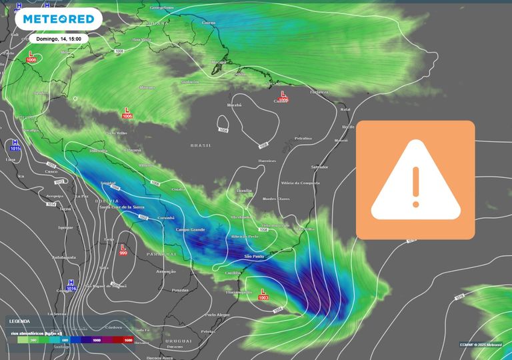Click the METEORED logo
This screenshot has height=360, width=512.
coord(58,19)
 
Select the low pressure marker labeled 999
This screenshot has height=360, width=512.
coord(123,249)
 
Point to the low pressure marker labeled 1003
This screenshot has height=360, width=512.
coord(264,295)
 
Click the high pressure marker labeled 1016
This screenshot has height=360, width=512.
coord(71,285)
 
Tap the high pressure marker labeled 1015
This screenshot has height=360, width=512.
coord(15,146)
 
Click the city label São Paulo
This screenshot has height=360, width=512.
coord(255,257)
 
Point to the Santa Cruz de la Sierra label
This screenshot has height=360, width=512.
coord(122,207)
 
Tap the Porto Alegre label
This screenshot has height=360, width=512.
coord(217,315)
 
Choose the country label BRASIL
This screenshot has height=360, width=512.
coord(201,145)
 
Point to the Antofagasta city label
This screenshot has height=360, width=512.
coord(64,257)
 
